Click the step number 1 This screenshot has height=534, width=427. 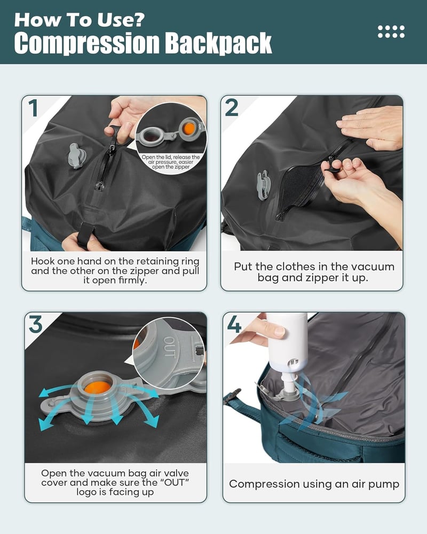[x=33, y=108]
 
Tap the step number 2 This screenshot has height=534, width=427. [x=232, y=108]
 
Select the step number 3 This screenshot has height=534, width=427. [x=35, y=324]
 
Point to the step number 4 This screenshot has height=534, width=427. [x=234, y=324]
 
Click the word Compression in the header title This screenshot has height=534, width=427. [x=87, y=44]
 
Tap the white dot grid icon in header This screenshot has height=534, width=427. [x=391, y=32]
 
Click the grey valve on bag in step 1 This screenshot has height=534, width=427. [x=77, y=156]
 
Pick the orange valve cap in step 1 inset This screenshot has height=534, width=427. [x=188, y=129]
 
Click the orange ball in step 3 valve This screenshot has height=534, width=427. [x=97, y=388]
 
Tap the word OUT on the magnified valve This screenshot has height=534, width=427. [x=169, y=347]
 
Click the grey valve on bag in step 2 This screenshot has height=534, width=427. [x=263, y=185]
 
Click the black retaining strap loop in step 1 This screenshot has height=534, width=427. [x=84, y=234]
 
